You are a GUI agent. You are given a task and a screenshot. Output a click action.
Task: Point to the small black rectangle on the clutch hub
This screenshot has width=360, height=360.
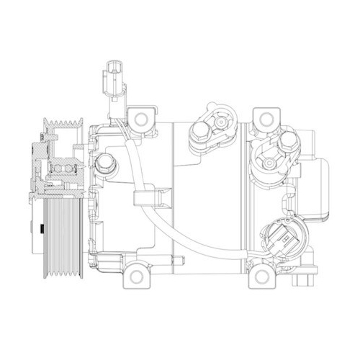click(x=42, y=230)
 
